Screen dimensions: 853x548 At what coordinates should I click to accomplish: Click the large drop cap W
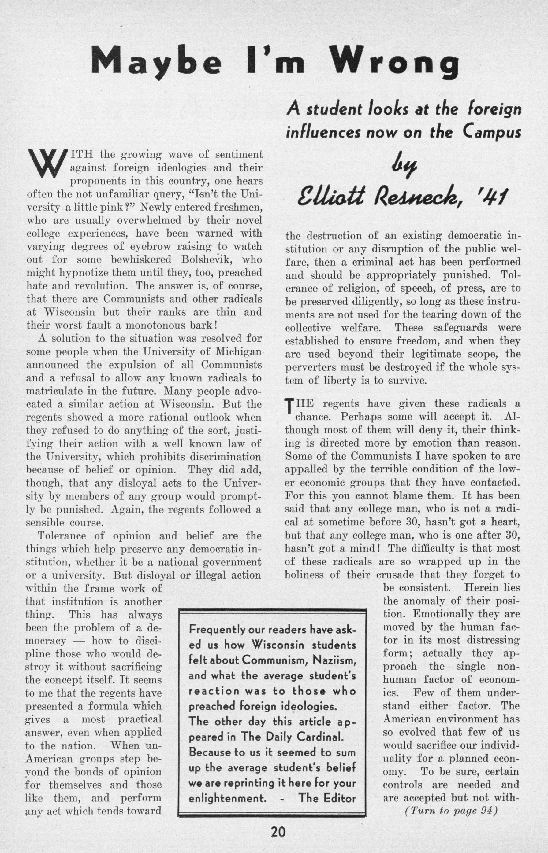[45, 164]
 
